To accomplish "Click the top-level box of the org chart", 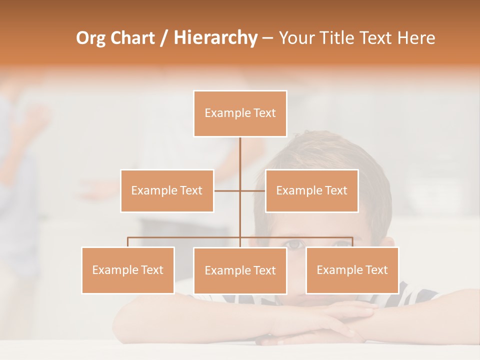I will click(240, 113).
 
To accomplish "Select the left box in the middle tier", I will click(167, 190).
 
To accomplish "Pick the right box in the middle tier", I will click(311, 190).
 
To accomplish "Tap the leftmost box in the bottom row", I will click(128, 270).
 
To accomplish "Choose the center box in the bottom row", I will click(240, 270).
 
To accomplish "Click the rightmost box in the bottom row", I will click(352, 270).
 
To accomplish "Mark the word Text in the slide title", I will click(378, 38).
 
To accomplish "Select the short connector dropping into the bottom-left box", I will click(128, 242).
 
